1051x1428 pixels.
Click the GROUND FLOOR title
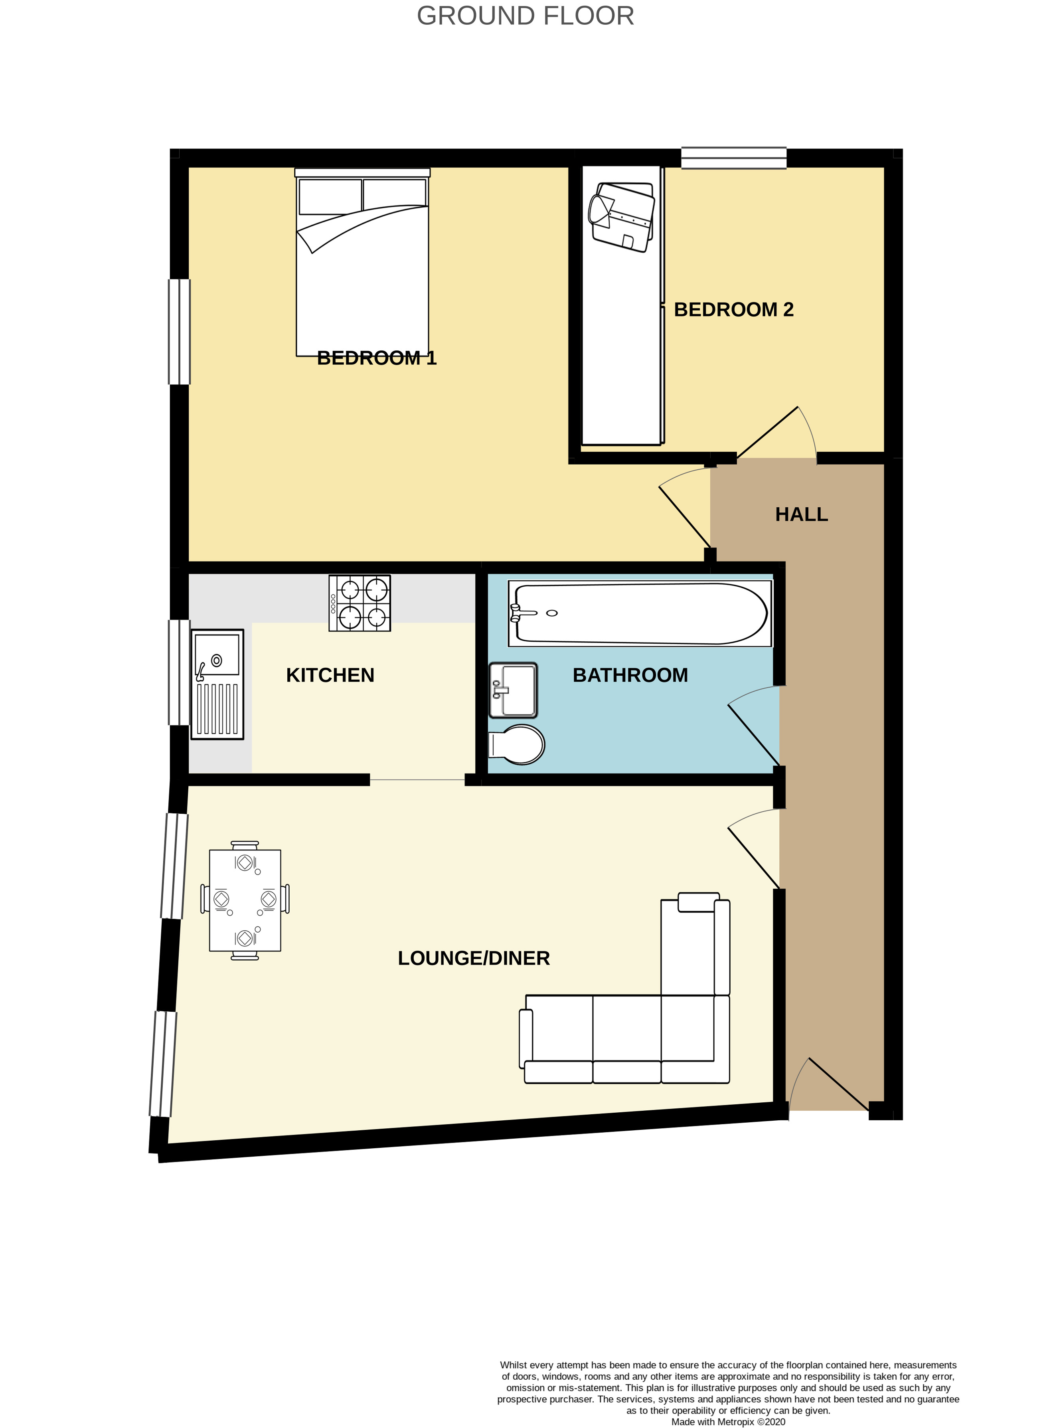(525, 16)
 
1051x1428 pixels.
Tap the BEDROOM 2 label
(733, 310)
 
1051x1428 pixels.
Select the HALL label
(802, 514)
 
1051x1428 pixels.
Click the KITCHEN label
(330, 675)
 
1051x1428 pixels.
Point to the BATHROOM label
(630, 675)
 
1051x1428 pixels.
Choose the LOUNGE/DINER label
(474, 958)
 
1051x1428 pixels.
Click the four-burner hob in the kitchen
(360, 603)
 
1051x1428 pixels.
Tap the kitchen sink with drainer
(217, 684)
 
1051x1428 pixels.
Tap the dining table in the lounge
(245, 900)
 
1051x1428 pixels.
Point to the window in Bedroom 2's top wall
(734, 158)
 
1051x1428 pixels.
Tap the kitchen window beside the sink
(179, 672)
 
